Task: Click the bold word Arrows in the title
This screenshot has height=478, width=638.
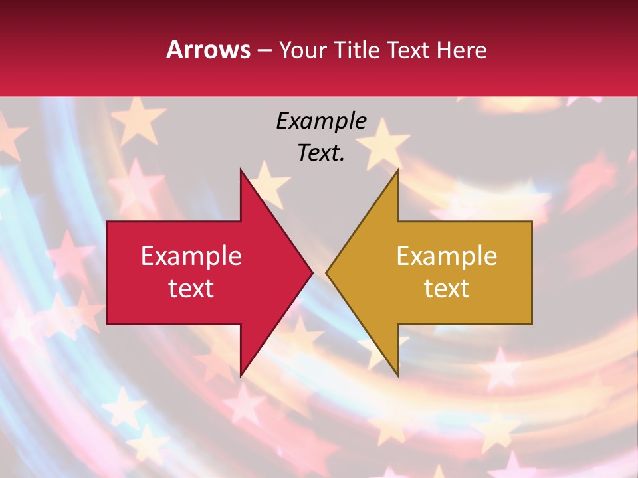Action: (x=209, y=50)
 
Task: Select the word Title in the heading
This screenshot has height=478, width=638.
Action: (x=356, y=50)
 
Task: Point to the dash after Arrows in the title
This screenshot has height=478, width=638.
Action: (x=265, y=51)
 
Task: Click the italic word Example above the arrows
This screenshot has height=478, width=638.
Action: (x=321, y=121)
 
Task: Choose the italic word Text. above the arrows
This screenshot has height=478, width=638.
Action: (x=321, y=153)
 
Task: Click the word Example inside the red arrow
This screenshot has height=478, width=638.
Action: (x=191, y=256)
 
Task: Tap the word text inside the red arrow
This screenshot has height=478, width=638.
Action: (x=191, y=288)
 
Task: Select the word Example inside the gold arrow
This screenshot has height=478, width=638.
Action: (x=447, y=256)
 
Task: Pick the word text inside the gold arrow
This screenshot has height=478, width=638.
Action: (x=447, y=288)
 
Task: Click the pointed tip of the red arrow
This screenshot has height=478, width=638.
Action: (x=313, y=272)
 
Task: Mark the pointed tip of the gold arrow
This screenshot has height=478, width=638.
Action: (x=326, y=272)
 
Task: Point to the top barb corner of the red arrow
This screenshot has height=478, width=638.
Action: (x=241, y=169)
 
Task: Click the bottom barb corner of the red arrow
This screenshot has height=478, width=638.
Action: (x=241, y=376)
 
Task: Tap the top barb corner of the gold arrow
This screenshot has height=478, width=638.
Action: (x=397, y=169)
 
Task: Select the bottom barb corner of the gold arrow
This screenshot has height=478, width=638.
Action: (x=397, y=376)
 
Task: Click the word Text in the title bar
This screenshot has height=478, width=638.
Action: (x=407, y=50)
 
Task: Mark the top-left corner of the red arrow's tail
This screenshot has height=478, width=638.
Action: (x=107, y=222)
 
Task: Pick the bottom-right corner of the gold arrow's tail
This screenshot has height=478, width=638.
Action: (x=532, y=323)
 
